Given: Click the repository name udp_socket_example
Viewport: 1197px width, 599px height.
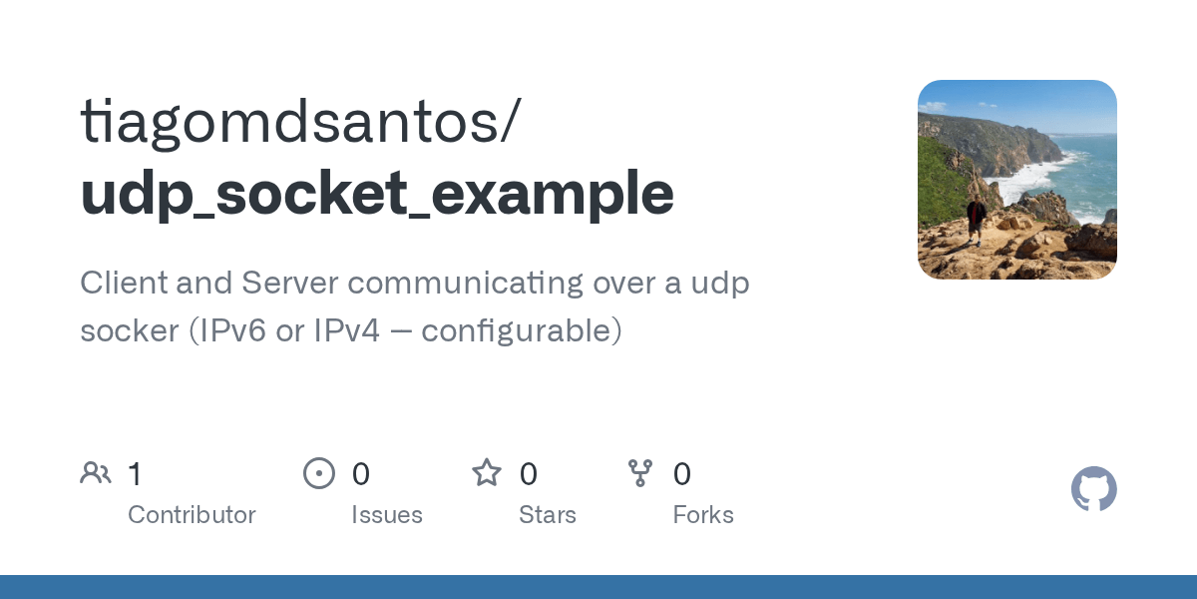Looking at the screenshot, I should coord(377,193).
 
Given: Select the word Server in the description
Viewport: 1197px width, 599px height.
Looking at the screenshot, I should coord(289,284).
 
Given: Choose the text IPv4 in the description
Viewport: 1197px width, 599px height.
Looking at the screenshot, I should coord(347,330).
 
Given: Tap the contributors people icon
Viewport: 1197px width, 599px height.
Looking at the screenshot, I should coord(96,473).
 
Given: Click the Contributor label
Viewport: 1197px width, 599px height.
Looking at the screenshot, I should coord(192,515).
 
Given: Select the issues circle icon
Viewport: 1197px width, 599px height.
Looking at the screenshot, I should coord(319,473).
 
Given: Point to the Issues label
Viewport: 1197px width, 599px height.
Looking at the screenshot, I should coord(387,515).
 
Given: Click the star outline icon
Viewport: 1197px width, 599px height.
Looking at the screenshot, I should coord(487,473).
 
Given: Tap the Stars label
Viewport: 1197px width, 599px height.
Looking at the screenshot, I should coord(548,515).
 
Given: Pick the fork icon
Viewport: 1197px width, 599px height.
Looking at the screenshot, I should coord(640,473).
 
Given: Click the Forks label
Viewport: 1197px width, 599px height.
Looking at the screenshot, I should coord(703,515).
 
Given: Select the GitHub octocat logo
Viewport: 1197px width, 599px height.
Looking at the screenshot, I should coord(1094,489).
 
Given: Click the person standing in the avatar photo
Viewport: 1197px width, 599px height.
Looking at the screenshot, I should coord(977,218).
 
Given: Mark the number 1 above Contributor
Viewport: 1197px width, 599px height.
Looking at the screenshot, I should coord(135,473).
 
